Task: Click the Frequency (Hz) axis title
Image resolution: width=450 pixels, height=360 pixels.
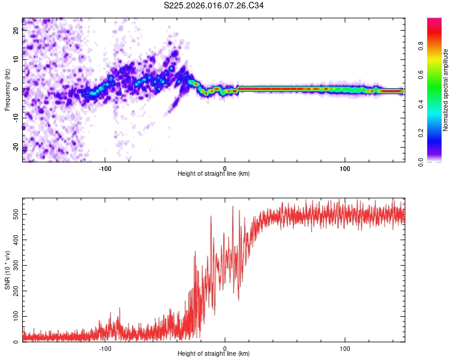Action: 8,90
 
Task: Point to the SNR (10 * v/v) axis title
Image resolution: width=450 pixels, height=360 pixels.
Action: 8,270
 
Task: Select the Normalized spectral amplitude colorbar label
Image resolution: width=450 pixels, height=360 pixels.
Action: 445,90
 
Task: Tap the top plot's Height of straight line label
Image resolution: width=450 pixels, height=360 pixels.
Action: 214,173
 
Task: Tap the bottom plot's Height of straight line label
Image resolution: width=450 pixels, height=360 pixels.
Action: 214,353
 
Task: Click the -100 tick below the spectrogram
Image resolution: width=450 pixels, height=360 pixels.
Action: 106,167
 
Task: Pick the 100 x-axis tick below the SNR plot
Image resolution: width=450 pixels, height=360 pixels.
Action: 345,347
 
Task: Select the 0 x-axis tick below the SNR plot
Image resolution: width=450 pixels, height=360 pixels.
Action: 225,347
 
